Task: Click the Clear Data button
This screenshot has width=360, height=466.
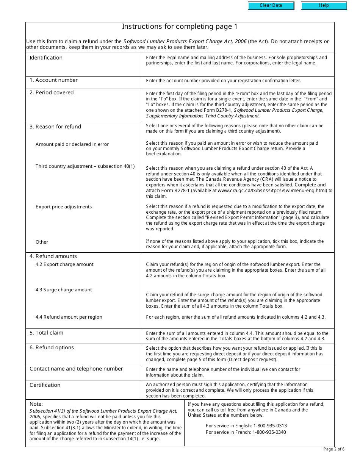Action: [x=271, y=6]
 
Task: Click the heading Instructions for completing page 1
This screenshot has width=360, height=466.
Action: [x=180, y=27]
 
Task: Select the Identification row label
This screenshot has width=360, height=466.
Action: [x=46, y=58]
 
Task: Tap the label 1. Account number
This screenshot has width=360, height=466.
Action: [x=53, y=80]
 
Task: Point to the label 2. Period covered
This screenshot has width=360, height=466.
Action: [x=52, y=92]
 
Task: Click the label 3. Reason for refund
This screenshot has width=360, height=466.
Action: [x=55, y=127]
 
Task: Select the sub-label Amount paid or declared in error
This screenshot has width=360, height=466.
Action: [x=72, y=144]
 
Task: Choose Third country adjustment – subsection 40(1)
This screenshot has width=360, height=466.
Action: [x=85, y=166]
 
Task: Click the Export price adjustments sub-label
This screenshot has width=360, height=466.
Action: [x=64, y=207]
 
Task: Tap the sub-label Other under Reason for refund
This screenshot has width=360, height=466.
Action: [x=42, y=242]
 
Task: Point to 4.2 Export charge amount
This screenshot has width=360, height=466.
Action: [x=64, y=264]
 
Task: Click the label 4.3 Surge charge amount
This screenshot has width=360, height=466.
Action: [x=64, y=290]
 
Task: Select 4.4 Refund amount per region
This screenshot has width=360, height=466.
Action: [x=69, y=317]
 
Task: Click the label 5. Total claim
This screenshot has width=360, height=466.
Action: [x=46, y=333]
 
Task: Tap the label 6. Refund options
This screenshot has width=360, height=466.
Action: [x=52, y=347]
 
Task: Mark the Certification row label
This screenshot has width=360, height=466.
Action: [x=45, y=385]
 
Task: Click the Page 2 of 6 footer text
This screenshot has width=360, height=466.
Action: [x=333, y=449]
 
